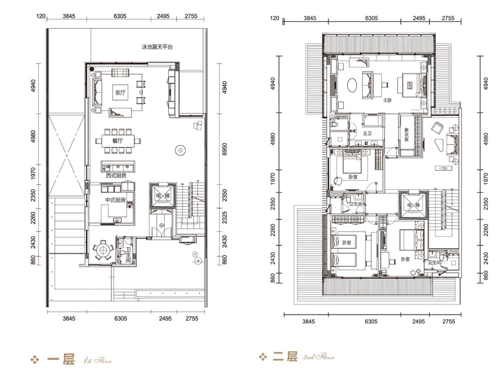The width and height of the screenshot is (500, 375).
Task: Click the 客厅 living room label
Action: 120,93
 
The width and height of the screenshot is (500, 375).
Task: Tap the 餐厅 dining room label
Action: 117,140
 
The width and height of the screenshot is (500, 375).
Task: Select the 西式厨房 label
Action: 116,175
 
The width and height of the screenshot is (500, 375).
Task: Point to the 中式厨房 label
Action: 115,200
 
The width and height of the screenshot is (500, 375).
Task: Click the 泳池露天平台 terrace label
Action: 157,47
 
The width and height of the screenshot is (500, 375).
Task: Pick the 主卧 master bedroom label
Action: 387,100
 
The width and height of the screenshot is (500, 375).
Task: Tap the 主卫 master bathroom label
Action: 367,133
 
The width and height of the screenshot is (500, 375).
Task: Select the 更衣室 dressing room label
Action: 406,135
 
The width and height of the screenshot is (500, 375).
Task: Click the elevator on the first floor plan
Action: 162,195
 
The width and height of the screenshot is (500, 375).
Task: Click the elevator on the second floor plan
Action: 413,205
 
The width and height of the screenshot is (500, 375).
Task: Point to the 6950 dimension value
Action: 224,149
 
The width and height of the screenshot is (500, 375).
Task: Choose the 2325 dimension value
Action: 224,217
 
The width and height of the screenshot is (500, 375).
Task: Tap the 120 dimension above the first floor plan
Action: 41,16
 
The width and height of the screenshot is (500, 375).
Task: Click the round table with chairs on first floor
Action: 102,250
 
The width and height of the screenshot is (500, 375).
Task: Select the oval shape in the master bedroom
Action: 352,85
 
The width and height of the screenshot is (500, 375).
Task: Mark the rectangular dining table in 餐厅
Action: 117,140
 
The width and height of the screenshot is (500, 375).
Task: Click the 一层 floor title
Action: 61,359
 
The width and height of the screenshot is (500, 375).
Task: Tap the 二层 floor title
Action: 285,356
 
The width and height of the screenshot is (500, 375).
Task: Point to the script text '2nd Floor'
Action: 319,357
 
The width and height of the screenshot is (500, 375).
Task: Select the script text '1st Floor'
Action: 97,360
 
